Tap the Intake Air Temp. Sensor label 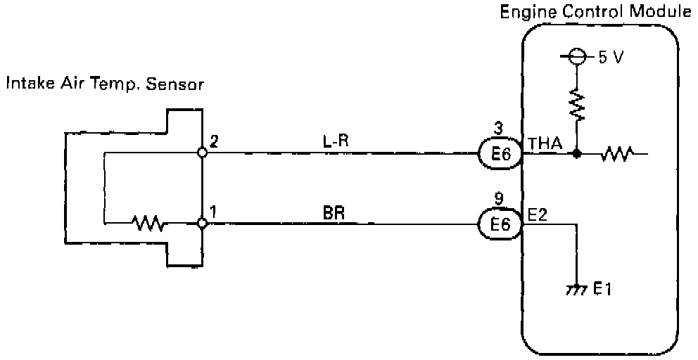point(105,85)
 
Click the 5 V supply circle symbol point(577,57)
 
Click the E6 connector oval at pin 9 point(500,224)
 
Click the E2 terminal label point(538,215)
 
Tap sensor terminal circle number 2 point(202,152)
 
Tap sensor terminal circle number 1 point(202,224)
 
